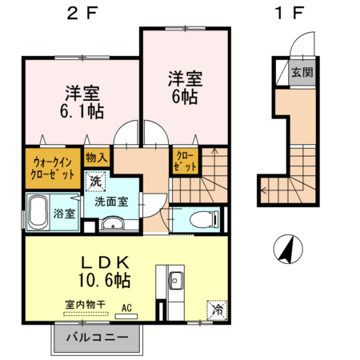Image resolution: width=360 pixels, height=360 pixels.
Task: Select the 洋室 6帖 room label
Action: click(185, 86)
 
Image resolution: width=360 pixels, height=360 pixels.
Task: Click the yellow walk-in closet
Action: click(53, 166)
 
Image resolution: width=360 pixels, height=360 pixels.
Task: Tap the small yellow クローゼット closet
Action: click(182, 163)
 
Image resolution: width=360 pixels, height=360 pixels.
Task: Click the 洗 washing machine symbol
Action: click(96, 182)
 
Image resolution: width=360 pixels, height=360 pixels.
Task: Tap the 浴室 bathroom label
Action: click(65, 214)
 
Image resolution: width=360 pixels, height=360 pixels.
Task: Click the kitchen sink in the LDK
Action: click(175, 280)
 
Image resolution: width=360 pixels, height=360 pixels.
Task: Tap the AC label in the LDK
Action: click(126, 306)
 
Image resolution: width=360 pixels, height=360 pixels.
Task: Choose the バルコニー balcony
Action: click(95, 338)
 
